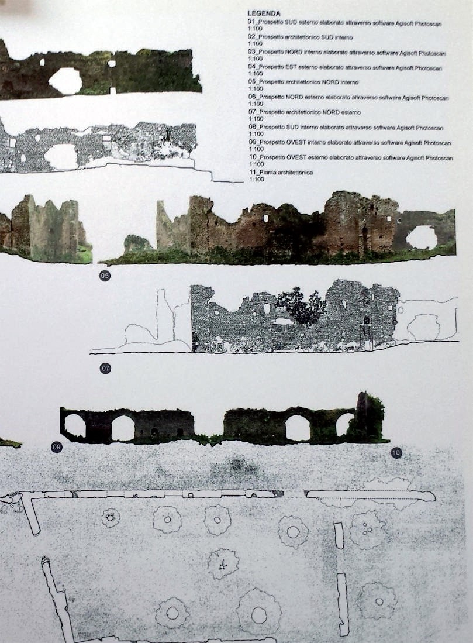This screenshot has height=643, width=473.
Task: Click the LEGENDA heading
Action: click(x=264, y=13)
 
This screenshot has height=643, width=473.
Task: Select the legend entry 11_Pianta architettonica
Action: click(x=281, y=173)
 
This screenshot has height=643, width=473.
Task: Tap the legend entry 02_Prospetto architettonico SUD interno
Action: click(x=301, y=37)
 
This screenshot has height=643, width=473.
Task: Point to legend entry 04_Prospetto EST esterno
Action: click(x=345, y=67)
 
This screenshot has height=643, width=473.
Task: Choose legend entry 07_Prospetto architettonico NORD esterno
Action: click(x=305, y=112)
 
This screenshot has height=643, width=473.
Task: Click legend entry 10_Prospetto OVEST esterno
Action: click(x=351, y=157)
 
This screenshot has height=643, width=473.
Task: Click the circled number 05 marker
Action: click(x=105, y=276)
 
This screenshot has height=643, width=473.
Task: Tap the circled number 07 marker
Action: click(x=106, y=368)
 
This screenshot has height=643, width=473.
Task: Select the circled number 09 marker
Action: click(x=57, y=447)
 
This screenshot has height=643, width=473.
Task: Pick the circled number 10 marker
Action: click(x=396, y=453)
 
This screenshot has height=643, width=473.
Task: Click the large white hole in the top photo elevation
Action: click(x=65, y=81)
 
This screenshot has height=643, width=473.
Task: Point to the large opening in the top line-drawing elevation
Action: click(x=61, y=156)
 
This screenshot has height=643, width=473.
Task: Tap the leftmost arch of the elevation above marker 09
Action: click(x=75, y=426)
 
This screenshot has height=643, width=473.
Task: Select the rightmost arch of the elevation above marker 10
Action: click(x=344, y=425)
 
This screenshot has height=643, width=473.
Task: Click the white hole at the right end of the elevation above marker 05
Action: click(x=421, y=238)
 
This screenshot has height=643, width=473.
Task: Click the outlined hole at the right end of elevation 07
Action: click(x=424, y=327)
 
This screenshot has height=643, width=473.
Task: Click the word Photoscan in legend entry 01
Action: click(x=428, y=24)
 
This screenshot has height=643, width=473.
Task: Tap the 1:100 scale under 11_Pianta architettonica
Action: click(x=256, y=180)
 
